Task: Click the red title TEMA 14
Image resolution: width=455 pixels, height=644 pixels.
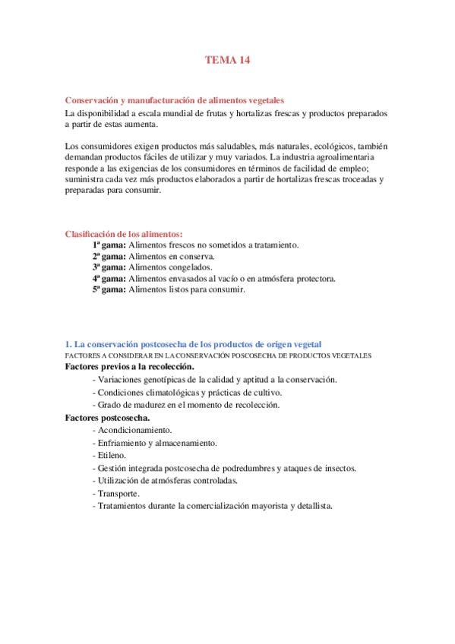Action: tap(227, 60)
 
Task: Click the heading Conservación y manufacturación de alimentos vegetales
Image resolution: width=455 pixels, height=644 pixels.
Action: tap(174, 100)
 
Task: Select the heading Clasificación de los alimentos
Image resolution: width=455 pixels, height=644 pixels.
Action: tap(124, 235)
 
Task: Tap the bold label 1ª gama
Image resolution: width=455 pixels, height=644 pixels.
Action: tap(109, 245)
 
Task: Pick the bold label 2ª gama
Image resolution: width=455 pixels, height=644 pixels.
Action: tap(109, 257)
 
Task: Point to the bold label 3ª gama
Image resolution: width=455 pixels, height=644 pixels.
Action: tap(109, 267)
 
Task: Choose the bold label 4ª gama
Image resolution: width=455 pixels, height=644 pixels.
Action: tap(109, 279)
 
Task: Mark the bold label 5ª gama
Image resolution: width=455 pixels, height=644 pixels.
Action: tap(109, 289)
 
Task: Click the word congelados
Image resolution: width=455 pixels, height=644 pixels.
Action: tap(190, 267)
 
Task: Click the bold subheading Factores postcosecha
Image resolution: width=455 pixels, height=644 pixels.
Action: tap(107, 417)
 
